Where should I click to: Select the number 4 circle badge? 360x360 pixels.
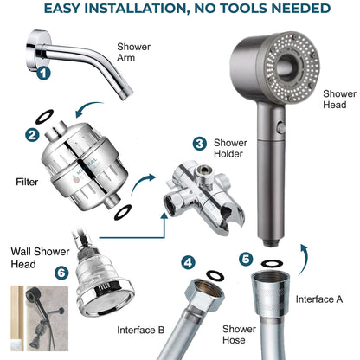pyautogui.click(x=188, y=261)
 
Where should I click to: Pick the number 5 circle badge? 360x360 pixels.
pyautogui.click(x=247, y=258)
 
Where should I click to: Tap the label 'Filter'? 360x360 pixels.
pyautogui.click(x=28, y=183)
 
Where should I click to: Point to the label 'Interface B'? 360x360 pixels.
pyautogui.click(x=142, y=329)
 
